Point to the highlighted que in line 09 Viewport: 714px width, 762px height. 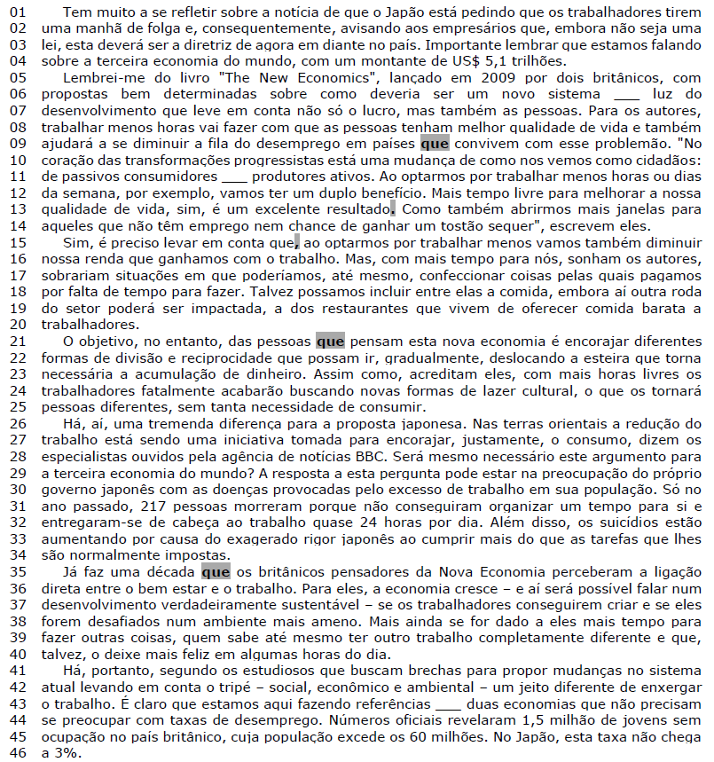pos(435,142)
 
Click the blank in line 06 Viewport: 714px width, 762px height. pos(625,94)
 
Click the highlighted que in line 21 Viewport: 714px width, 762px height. pos(329,341)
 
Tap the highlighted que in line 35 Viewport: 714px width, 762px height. pos(216,571)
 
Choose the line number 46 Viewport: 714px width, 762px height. pos(19,752)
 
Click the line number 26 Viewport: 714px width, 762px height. pos(19,423)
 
